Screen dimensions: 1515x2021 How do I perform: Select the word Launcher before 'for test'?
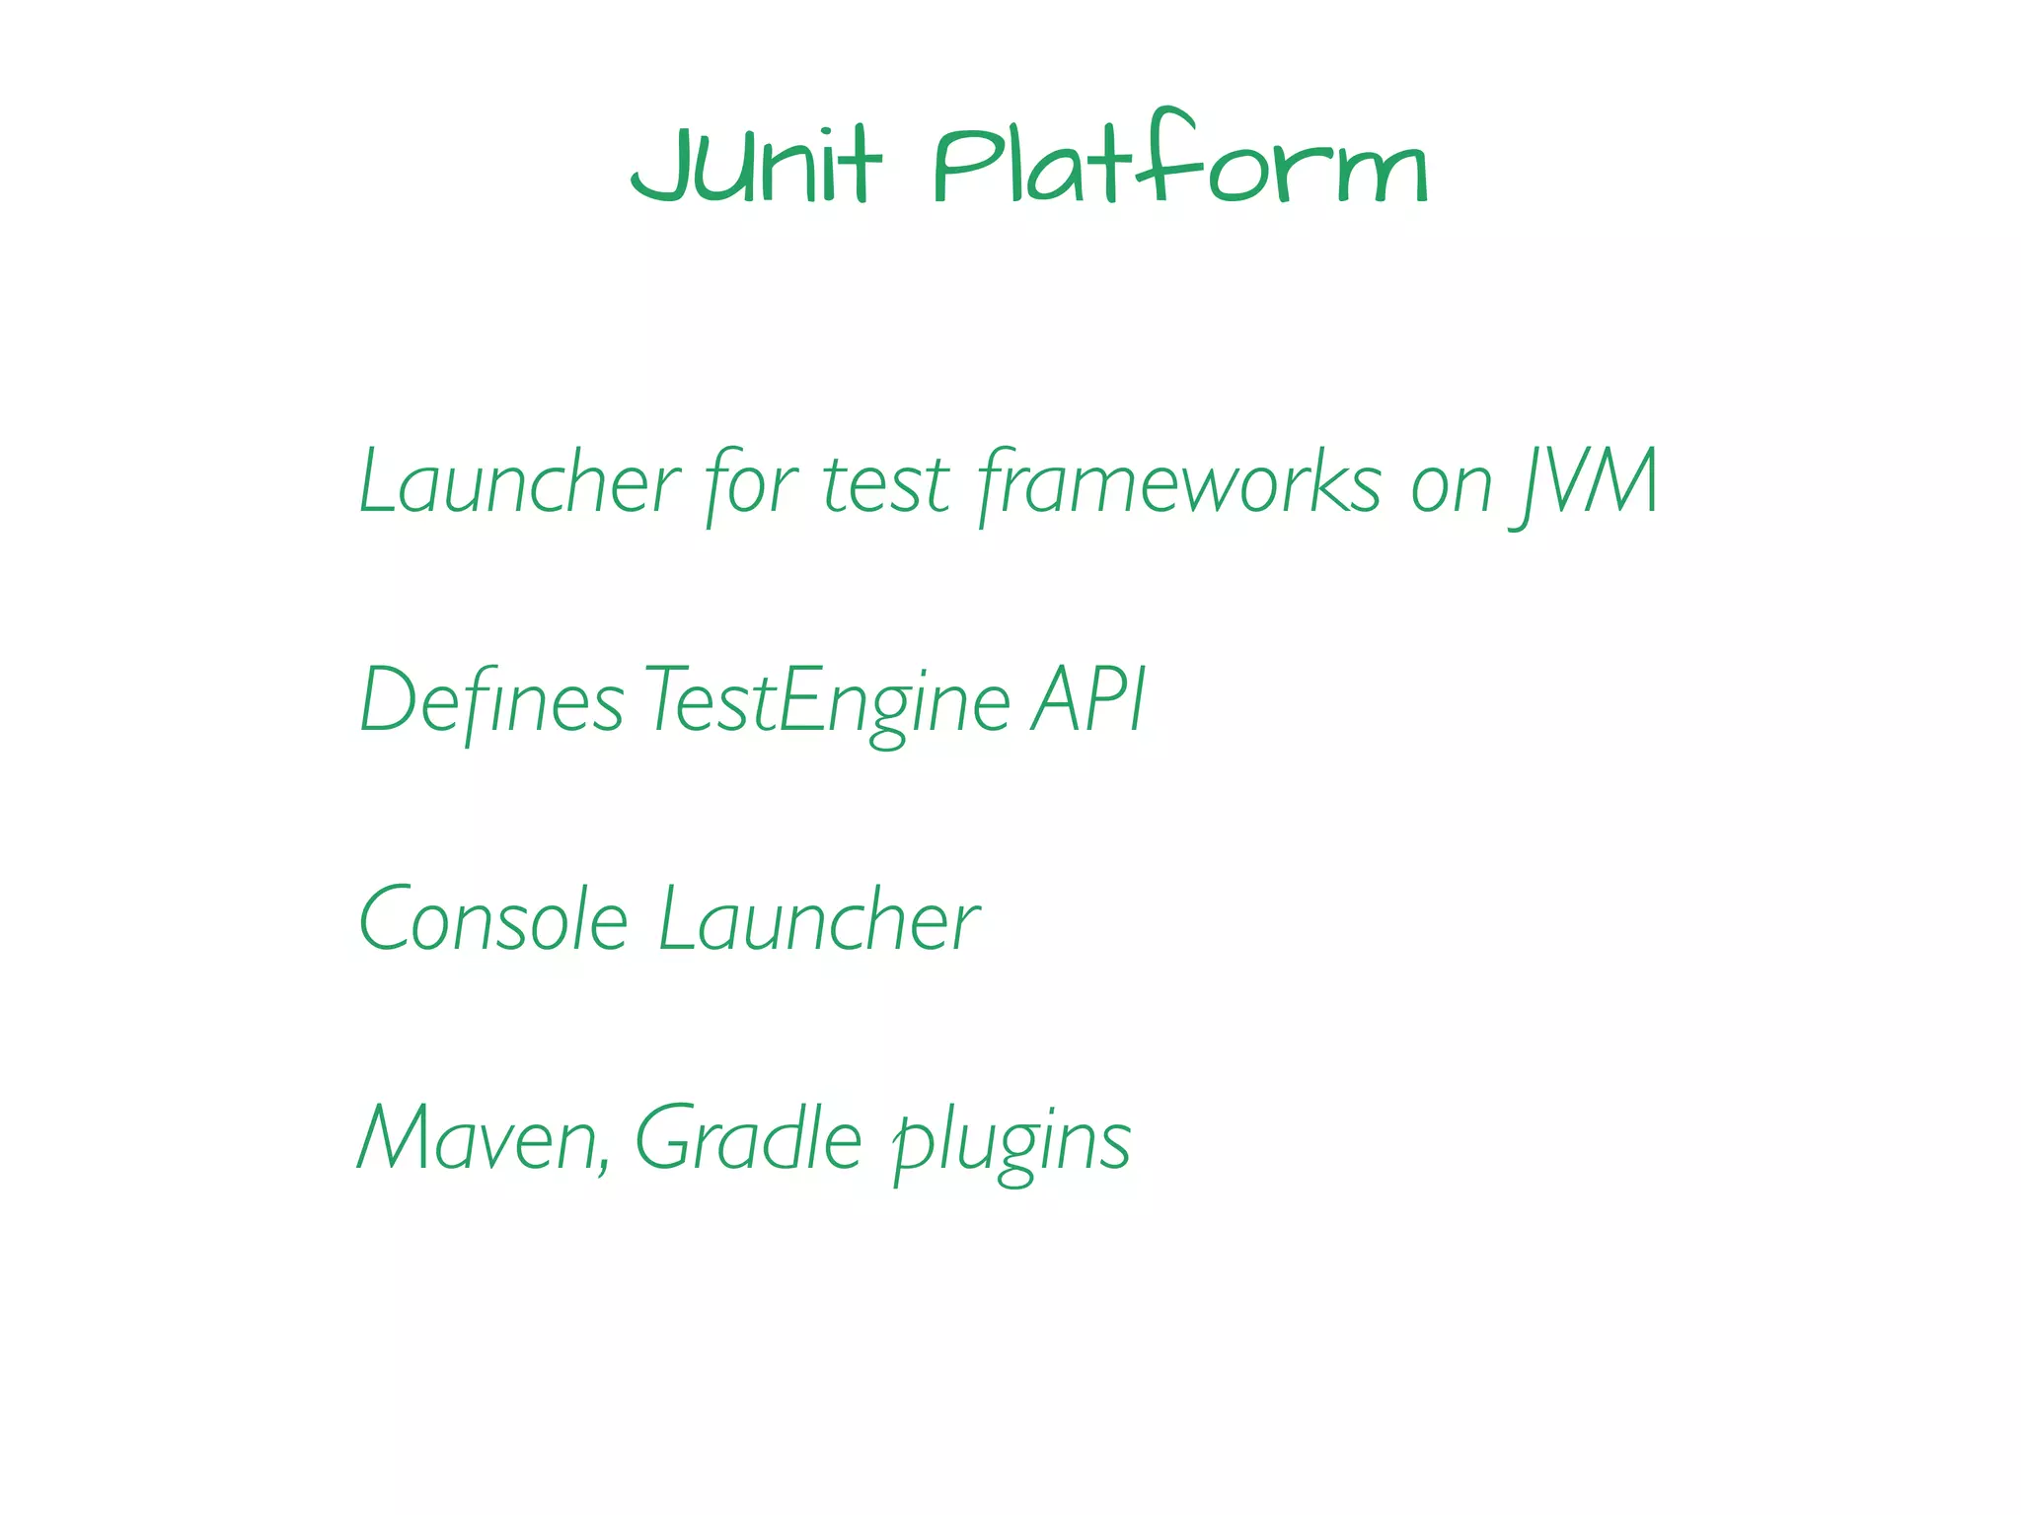click(519, 482)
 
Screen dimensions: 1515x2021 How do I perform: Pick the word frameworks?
click(1180, 482)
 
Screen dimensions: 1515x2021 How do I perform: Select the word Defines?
click(491, 700)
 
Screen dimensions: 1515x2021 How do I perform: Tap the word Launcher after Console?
click(819, 919)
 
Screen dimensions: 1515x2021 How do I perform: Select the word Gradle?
click(748, 1138)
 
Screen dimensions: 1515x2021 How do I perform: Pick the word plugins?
click(1010, 1142)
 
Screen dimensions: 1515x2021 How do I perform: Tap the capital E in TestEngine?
click(799, 700)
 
